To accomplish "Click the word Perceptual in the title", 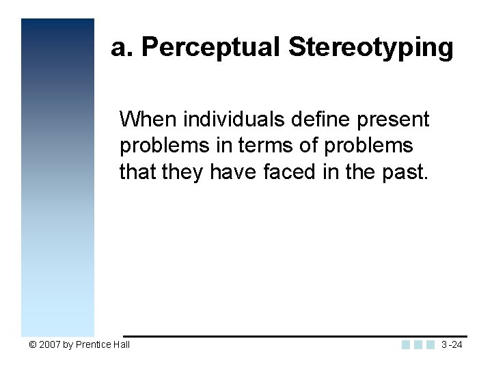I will (x=213, y=49).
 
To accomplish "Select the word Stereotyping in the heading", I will (x=371, y=49).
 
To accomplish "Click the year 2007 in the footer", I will (x=49, y=344).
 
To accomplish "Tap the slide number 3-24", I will (x=452, y=344).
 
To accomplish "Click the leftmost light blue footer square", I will (x=407, y=344).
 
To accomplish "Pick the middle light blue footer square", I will (x=418, y=344).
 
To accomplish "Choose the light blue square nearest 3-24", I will (x=430, y=344).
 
